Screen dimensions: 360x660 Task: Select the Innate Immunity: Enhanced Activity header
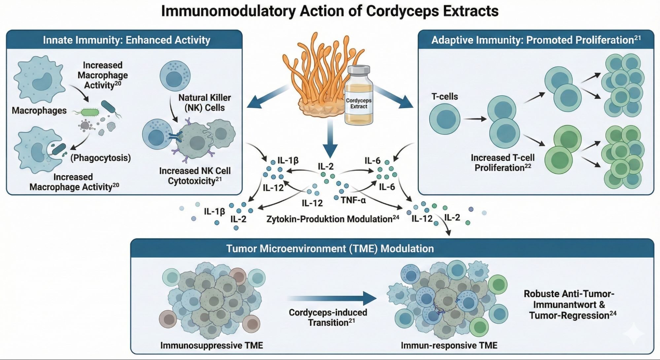coord(126,40)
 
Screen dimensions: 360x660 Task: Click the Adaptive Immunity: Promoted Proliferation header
coord(536,40)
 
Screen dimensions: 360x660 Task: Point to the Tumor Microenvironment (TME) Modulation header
coord(330,248)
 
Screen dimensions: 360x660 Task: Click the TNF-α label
coord(353,200)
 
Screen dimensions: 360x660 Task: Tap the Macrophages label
coord(39,111)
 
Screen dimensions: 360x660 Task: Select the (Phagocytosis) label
coord(100,158)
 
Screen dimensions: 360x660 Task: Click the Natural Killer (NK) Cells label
coord(204,103)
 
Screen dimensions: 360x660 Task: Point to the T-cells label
coord(444,97)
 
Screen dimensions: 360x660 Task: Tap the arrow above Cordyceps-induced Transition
coord(332,298)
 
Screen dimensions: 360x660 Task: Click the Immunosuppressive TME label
coord(212,345)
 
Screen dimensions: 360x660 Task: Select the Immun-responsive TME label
coord(449,345)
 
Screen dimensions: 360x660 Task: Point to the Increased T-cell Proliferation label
coord(503,163)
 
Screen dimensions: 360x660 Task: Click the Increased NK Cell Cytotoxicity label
coord(195,176)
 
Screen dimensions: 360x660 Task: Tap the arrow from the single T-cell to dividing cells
coord(474,119)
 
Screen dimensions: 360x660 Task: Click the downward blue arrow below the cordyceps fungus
coord(330,139)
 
